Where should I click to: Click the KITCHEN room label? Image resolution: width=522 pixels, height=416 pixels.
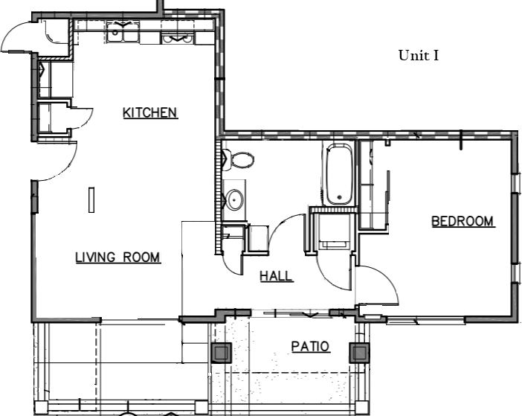[x=150, y=113]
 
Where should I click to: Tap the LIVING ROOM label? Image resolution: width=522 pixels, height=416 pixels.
[x=117, y=257]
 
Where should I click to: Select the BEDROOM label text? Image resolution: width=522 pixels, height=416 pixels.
[x=463, y=222]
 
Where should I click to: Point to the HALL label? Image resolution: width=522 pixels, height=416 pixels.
[x=276, y=276]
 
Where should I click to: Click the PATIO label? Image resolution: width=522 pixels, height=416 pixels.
[x=310, y=347]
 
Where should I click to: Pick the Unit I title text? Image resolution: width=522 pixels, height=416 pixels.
[x=419, y=55]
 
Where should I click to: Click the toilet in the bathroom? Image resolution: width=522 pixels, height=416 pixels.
[x=239, y=160]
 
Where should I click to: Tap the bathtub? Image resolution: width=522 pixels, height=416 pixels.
[x=339, y=174]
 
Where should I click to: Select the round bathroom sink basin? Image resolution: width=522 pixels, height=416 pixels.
[x=234, y=199]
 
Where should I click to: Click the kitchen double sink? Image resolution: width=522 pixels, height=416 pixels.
[x=123, y=32]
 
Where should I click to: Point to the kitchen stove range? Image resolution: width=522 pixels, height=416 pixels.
[x=178, y=38]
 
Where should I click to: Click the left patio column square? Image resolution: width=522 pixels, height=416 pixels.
[x=222, y=353]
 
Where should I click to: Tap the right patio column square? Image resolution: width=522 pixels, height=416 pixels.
[x=359, y=353]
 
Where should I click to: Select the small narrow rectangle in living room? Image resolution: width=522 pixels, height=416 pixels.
[x=91, y=199]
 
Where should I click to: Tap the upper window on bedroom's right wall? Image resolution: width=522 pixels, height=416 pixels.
[x=517, y=182]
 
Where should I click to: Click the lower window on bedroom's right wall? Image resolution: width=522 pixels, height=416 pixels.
[x=517, y=273]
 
